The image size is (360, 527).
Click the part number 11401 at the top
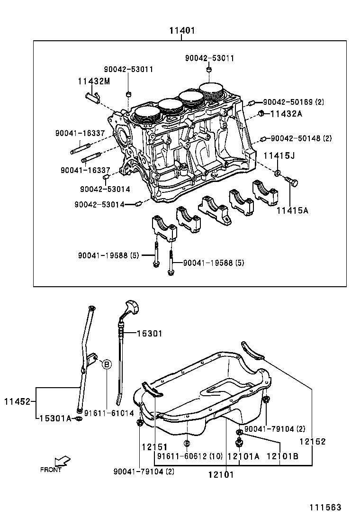[182, 31]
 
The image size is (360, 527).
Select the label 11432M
[94, 81]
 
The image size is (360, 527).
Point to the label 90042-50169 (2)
[294, 102]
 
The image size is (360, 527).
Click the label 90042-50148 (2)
[301, 138]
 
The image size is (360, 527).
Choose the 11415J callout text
[279, 155]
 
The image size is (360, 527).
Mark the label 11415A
[292, 210]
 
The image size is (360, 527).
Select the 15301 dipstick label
[149, 334]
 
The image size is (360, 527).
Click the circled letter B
[107, 364]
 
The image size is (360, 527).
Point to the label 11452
[17, 402]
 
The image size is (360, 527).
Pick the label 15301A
[55, 418]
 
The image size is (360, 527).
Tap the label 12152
[313, 441]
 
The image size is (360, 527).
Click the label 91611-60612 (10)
[190, 456]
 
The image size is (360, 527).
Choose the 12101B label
[282, 456]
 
